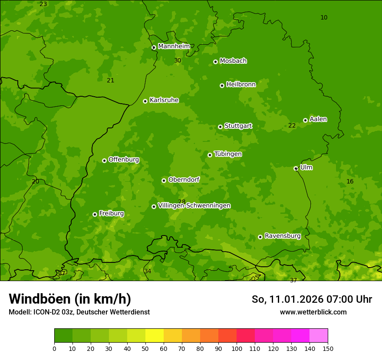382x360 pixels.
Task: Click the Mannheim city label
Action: point(174,46)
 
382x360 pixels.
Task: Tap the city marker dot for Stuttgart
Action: point(220,127)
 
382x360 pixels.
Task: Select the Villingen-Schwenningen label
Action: point(194,206)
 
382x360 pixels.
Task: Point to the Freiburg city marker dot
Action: point(95,214)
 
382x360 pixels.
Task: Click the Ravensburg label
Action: point(282,236)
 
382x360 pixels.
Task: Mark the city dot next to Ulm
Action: point(296,168)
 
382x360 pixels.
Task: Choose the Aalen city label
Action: point(318,119)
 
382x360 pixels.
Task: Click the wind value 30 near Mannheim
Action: point(178,61)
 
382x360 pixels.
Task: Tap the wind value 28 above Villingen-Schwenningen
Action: point(181,202)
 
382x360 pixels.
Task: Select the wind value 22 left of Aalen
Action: point(292,126)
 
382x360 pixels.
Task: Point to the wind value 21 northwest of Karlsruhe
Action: point(110,81)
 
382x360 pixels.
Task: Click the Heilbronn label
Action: point(241,85)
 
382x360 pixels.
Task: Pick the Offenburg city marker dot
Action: point(104,160)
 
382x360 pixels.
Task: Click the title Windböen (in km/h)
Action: point(69,299)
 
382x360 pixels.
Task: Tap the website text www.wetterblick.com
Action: point(313,312)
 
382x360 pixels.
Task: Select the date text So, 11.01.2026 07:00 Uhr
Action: point(312,299)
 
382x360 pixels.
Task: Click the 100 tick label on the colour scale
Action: point(237,348)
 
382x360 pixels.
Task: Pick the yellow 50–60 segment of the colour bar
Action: point(155,336)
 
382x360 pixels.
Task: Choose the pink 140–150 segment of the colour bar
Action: point(319,336)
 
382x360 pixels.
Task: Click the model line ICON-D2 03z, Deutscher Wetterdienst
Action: point(79,312)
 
